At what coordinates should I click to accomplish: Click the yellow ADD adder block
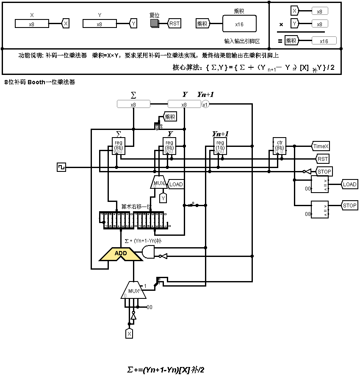pos(121,254)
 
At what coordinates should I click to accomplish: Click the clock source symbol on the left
pos(61,168)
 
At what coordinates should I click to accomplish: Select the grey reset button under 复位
pos(155,23)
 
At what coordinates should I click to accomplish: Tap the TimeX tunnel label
pos(321,146)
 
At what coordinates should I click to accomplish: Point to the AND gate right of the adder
pos(148,253)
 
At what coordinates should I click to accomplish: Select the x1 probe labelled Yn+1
pos(205,105)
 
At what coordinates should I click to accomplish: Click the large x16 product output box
pos(239,24)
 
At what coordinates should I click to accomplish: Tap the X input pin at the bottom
pos(129,334)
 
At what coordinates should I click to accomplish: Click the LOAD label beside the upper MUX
pos(176,185)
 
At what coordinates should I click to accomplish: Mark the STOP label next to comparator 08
pos(349,206)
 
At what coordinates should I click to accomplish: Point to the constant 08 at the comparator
pos(308,214)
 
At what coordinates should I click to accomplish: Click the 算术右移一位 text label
pos(133,207)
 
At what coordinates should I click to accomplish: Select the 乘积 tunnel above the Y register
pos(170,117)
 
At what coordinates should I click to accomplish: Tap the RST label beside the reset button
pos(174,23)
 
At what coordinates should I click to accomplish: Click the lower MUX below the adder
pos(133,290)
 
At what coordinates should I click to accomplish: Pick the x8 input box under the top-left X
pos(32,24)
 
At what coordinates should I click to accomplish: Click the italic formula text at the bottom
pos(166,370)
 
